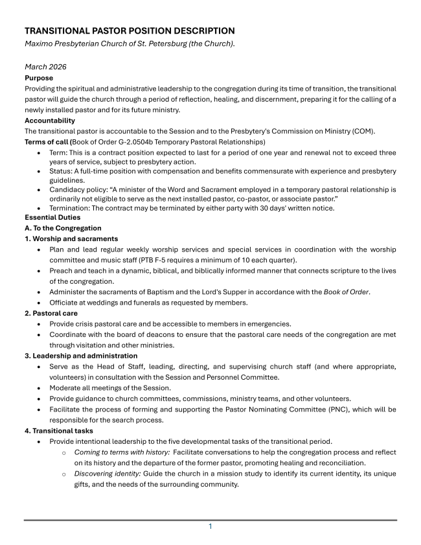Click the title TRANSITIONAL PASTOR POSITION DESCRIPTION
pyautogui.click(x=130, y=31)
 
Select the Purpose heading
pyautogui.click(x=40, y=77)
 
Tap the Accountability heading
pyautogui.click(x=50, y=121)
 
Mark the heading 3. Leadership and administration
pyautogui.click(x=81, y=356)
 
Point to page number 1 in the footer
pyautogui.click(x=210, y=526)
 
